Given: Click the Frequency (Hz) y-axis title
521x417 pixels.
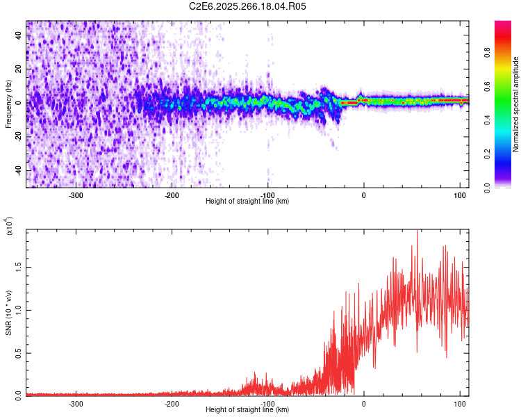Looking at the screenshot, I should click(8, 105).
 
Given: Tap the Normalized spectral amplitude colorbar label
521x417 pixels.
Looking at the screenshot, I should click(516, 104).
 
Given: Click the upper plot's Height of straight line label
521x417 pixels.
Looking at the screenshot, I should click(247, 201).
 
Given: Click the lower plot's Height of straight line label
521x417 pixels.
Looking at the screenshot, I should click(247, 409).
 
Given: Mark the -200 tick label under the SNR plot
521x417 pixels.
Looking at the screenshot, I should click(171, 403).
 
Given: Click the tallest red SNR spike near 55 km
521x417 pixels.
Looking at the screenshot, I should click(417, 232).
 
